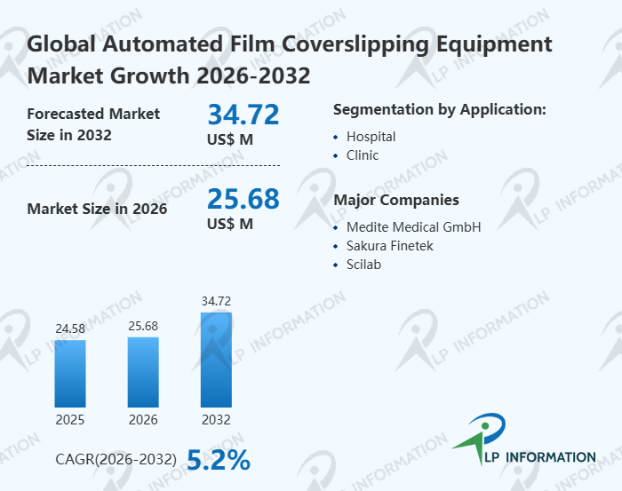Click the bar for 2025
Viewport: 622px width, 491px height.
tap(70, 373)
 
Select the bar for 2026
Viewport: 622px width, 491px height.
tap(143, 371)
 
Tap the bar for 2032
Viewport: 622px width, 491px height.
tap(216, 359)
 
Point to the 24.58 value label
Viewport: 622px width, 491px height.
tap(70, 329)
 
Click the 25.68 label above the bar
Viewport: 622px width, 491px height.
tap(143, 326)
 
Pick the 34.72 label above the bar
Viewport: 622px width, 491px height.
tap(216, 302)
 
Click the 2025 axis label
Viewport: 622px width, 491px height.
tap(70, 419)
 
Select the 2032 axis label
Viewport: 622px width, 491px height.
tap(216, 419)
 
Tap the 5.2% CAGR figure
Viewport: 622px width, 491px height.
tap(218, 459)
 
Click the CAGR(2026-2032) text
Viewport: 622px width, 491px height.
tap(116, 460)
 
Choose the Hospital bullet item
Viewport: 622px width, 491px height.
tap(371, 137)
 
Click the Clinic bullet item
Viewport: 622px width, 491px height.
tap(363, 155)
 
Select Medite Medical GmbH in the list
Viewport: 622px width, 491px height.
tap(413, 227)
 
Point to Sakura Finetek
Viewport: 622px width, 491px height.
tap(390, 246)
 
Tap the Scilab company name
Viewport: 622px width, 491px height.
tap(363, 265)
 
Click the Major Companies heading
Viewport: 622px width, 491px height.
tap(395, 200)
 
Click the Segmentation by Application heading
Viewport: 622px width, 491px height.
tap(439, 109)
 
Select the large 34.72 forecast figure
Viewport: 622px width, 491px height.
tap(243, 115)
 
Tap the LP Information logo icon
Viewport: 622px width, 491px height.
tap(479, 438)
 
